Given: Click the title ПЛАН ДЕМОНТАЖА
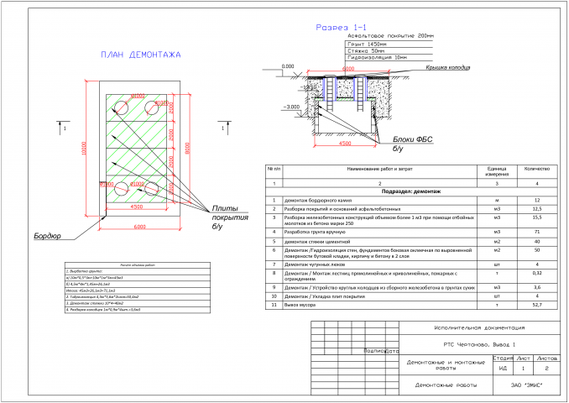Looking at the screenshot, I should point(141,55).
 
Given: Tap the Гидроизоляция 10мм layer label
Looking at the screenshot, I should point(381,57).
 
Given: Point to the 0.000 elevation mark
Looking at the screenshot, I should point(290,65).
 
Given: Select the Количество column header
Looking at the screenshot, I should point(536,170).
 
